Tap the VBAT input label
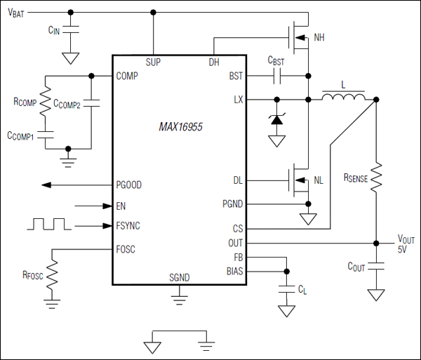[x=20, y=14]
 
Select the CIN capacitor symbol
[x=72, y=30]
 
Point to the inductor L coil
[x=344, y=95]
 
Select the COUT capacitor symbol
[x=377, y=267]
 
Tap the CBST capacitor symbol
[x=279, y=74]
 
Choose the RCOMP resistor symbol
[x=46, y=104]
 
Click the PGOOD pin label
[x=128, y=185]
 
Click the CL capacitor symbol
[x=286, y=288]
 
